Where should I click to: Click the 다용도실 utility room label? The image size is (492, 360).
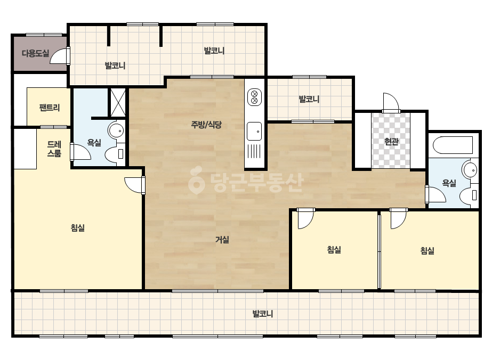click(36, 53)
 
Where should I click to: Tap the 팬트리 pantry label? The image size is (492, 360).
click(50, 108)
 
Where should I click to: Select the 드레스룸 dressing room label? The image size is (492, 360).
click(54, 149)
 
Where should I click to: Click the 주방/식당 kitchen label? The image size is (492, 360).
click(206, 125)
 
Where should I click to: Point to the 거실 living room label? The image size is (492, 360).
click(222, 240)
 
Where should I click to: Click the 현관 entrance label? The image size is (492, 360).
click(391, 142)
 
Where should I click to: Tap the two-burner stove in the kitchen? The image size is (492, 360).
click(254, 97)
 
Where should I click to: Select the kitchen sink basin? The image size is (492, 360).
click(254, 131)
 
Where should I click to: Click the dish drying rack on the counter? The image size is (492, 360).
click(254, 151)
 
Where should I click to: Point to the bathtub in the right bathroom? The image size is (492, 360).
click(453, 145)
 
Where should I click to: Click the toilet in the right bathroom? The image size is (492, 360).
click(469, 195)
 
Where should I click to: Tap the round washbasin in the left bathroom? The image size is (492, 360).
click(116, 130)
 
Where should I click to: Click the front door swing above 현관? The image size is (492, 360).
click(391, 103)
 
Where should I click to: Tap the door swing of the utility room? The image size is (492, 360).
click(60, 55)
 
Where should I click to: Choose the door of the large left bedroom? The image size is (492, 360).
click(135, 185)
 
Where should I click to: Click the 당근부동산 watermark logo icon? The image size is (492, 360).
click(196, 180)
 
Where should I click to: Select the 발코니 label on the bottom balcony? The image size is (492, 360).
click(263, 314)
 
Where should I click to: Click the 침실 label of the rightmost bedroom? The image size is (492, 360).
click(428, 250)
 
